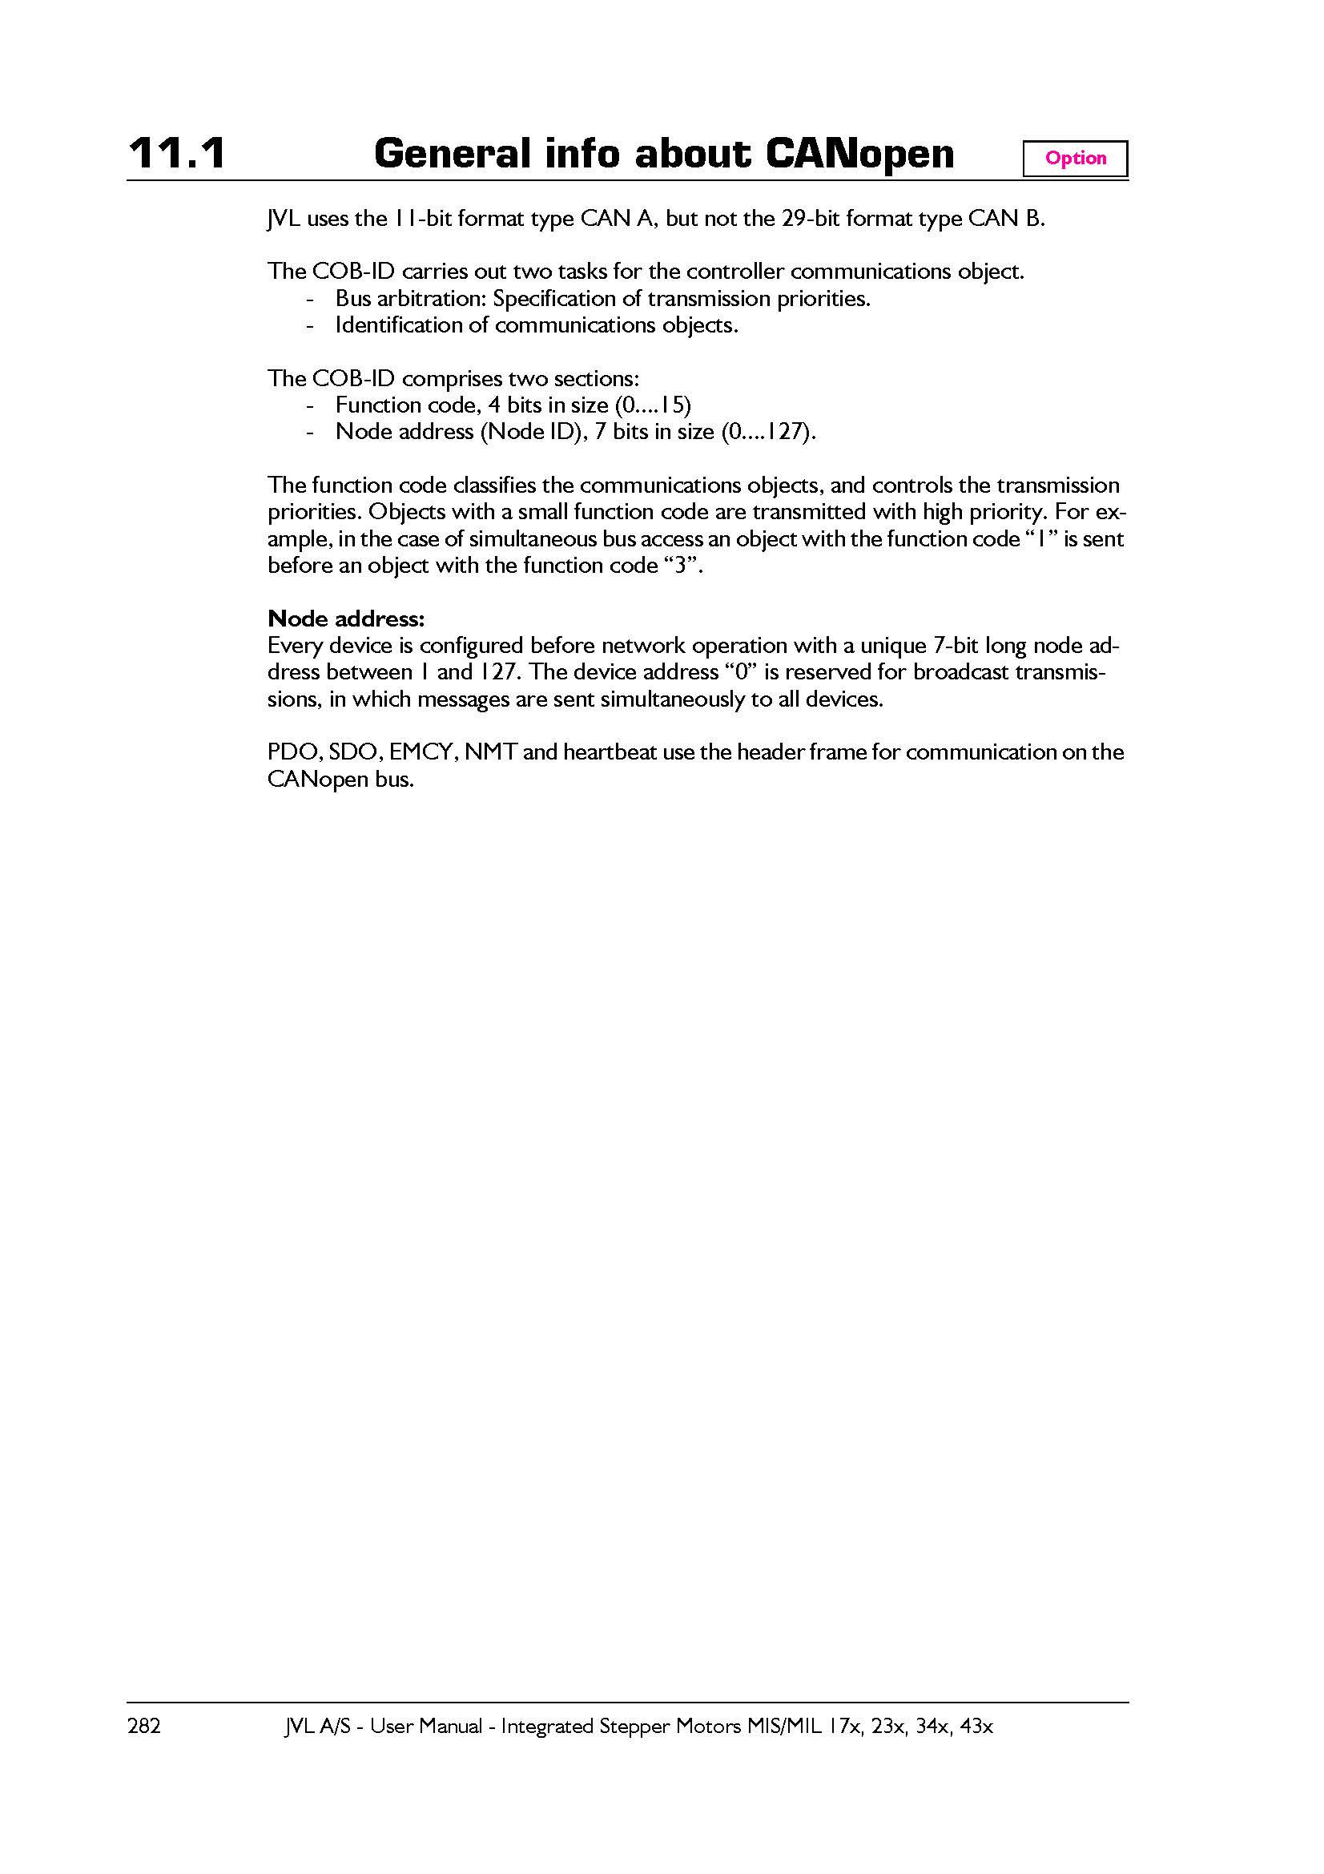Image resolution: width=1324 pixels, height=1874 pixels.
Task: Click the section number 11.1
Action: (177, 154)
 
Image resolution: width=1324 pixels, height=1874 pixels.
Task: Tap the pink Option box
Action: (1075, 159)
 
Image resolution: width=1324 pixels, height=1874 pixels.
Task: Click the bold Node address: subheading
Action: (346, 618)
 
